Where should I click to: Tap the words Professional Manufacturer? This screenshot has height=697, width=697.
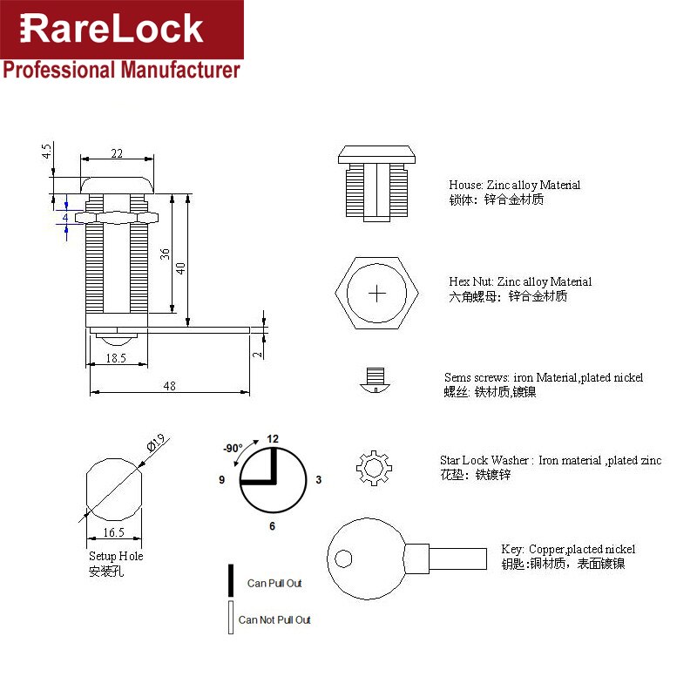121,70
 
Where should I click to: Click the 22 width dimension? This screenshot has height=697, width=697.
117,153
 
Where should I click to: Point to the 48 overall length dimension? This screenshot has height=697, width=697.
170,386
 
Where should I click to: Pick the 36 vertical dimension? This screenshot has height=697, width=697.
165,254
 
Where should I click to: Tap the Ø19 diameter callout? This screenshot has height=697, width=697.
158,443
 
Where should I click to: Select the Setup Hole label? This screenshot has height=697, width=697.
116,556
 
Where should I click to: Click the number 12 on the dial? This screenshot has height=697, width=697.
273,438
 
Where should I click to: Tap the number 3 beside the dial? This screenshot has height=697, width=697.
319,480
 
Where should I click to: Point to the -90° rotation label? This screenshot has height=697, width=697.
233,448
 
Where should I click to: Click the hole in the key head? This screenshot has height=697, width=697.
345,558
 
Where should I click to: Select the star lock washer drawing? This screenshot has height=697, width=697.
374,467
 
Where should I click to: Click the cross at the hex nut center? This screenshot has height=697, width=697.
377,293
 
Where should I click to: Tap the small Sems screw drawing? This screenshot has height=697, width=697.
375,380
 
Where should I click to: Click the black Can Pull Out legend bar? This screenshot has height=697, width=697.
231,580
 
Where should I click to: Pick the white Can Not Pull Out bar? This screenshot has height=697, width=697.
231,618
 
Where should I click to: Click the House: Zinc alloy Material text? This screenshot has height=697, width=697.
514,185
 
